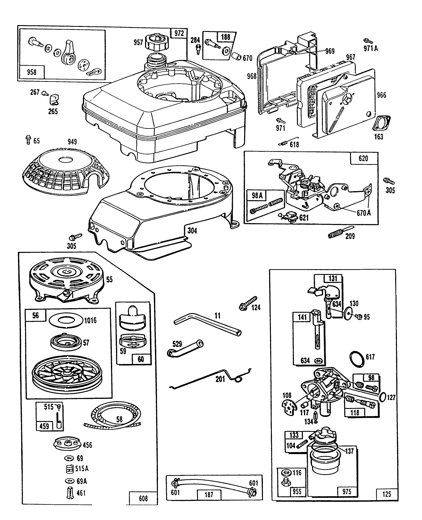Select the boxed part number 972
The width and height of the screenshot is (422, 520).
point(179,33)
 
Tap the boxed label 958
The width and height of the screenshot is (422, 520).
point(32,72)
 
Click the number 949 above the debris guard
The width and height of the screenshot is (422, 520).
point(72,142)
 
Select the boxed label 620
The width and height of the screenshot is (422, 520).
point(363,159)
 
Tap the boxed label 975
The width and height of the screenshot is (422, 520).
point(347,491)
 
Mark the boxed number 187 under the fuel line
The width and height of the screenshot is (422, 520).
point(209,495)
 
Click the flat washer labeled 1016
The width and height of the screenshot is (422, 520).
point(66,320)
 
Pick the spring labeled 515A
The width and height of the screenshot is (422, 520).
point(69,469)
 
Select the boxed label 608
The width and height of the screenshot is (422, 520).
point(143,498)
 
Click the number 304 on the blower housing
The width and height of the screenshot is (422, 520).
point(192,230)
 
